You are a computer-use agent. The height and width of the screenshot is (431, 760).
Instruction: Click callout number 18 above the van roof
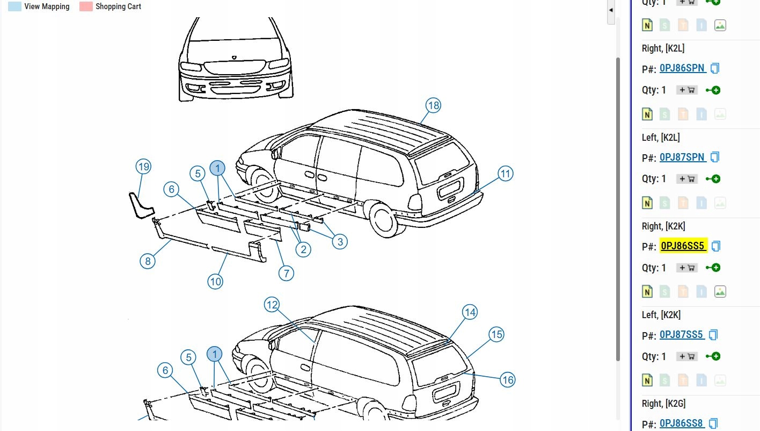coord(433,105)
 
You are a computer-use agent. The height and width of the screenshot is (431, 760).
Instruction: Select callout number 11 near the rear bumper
coord(505,174)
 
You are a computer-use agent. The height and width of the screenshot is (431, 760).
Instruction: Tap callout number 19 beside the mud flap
coord(143,167)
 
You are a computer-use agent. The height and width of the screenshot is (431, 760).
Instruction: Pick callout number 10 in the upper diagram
coord(215,281)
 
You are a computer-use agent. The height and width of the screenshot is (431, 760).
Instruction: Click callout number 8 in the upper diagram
coord(147,261)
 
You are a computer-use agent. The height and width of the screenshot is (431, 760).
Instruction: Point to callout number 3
coord(340,242)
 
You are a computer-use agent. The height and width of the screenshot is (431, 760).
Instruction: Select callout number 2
coord(303,249)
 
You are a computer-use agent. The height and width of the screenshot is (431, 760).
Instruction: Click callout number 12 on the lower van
coord(272,305)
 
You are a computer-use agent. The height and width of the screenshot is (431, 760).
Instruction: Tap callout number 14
coord(470,312)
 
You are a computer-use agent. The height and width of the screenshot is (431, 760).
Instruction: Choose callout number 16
coord(507,380)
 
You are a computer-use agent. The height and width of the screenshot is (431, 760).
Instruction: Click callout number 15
coord(496,334)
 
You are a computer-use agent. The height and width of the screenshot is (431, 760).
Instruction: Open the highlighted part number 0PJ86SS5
coord(682,246)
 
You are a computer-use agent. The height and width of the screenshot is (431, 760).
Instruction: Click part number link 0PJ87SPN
coord(682,157)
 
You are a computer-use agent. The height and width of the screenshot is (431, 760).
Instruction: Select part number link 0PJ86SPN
coord(682,68)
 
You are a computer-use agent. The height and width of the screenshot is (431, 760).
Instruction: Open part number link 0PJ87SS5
coord(681,335)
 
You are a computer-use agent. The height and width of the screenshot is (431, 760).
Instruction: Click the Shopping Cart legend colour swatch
coord(86,6)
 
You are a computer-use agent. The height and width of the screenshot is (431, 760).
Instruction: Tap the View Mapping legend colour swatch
coord(14,6)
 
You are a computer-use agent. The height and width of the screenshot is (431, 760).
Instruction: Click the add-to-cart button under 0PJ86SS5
coord(687,268)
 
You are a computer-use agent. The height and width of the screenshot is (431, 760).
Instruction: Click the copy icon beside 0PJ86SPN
coord(714,68)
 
